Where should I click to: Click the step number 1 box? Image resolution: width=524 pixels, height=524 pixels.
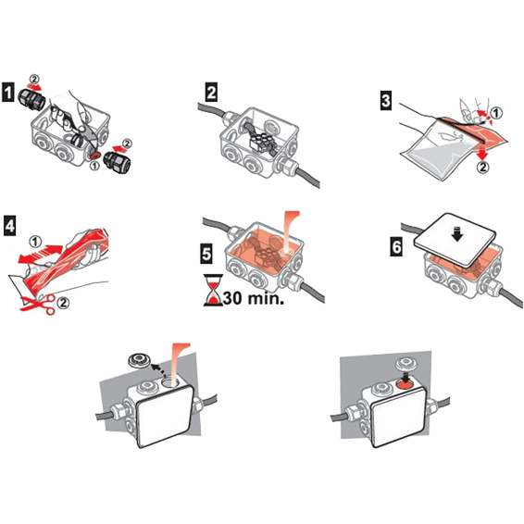[8, 93]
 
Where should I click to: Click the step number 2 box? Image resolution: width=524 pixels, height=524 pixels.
[211, 93]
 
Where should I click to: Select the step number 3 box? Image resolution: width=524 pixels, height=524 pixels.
[386, 100]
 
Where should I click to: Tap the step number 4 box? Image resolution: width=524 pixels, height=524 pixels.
[9, 226]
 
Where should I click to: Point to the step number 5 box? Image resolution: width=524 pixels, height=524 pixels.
[206, 253]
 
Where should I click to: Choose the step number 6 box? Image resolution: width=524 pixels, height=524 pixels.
[396, 247]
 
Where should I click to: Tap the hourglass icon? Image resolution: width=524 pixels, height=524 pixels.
[213, 290]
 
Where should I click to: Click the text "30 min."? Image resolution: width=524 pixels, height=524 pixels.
[254, 298]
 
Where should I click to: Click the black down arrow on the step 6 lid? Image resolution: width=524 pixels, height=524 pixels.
[457, 235]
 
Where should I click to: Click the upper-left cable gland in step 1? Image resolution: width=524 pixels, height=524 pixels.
[30, 98]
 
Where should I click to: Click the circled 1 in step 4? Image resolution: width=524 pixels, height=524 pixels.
[34, 242]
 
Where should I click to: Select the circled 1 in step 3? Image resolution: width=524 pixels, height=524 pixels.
[496, 114]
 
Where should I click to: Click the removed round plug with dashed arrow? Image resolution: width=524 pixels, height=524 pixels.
[138, 362]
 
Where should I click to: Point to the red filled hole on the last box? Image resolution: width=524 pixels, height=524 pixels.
[405, 385]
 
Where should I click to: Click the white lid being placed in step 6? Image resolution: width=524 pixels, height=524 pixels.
[455, 240]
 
